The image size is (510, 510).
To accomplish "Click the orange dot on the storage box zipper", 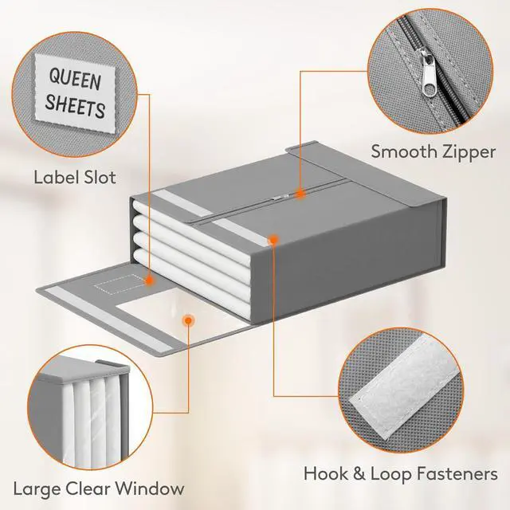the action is pyautogui.click(x=300, y=194).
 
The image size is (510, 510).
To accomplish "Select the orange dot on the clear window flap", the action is pyautogui.click(x=188, y=320).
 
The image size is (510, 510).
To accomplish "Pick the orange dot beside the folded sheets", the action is pyautogui.click(x=273, y=237).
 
